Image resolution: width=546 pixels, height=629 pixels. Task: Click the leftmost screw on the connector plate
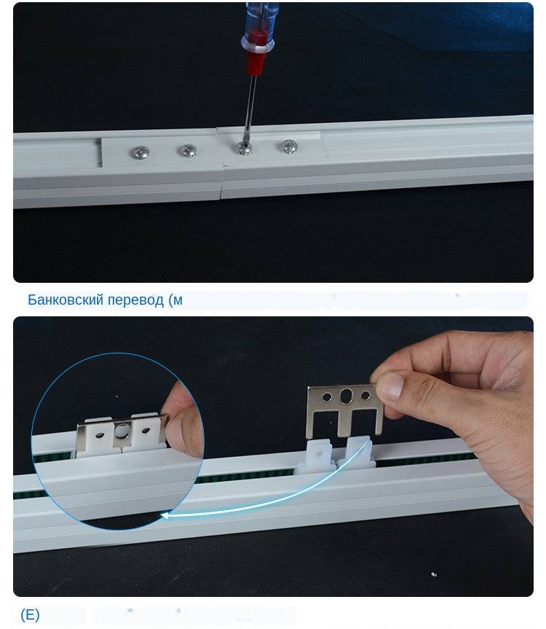coord(141,152)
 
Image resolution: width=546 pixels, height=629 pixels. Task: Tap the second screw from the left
coord(187,151)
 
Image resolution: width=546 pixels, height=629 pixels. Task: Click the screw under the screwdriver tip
coord(244,148)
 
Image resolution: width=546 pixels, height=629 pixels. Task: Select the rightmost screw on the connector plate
coord(288,146)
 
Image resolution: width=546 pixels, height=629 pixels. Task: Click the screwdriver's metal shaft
coord(249,109)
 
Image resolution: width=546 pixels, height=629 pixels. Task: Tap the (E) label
coord(30,614)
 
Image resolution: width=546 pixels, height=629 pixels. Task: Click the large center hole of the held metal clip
coord(346,396)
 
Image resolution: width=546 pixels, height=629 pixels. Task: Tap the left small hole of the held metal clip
coord(327,397)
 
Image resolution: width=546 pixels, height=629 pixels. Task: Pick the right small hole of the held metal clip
coord(365,395)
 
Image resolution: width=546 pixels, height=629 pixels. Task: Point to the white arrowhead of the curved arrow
coord(165,515)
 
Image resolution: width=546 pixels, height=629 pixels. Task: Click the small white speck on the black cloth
coord(433,574)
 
